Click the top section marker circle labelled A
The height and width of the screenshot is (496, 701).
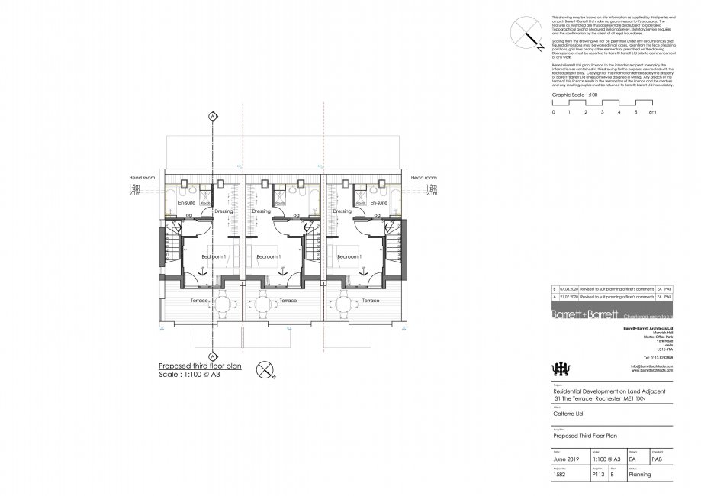click(x=211, y=117)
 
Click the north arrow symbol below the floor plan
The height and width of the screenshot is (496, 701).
click(x=264, y=369)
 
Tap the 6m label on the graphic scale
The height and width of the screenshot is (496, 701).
click(x=652, y=112)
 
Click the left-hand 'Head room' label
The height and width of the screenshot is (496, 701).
click(x=143, y=178)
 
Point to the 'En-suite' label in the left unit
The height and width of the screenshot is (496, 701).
click(x=187, y=205)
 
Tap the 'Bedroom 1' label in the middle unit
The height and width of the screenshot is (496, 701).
click(x=269, y=257)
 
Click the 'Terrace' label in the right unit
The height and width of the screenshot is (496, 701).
click(x=371, y=301)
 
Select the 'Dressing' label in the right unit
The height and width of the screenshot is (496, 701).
click(x=342, y=211)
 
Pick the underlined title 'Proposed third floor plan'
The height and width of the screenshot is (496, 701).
click(x=199, y=366)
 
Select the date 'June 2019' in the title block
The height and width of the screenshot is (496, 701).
click(x=566, y=460)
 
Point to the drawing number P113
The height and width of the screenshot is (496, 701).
click(x=599, y=474)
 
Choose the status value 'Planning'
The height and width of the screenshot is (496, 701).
click(x=639, y=474)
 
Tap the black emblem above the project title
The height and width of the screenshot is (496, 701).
click(x=561, y=368)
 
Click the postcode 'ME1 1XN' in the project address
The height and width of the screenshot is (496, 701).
click(x=635, y=399)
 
